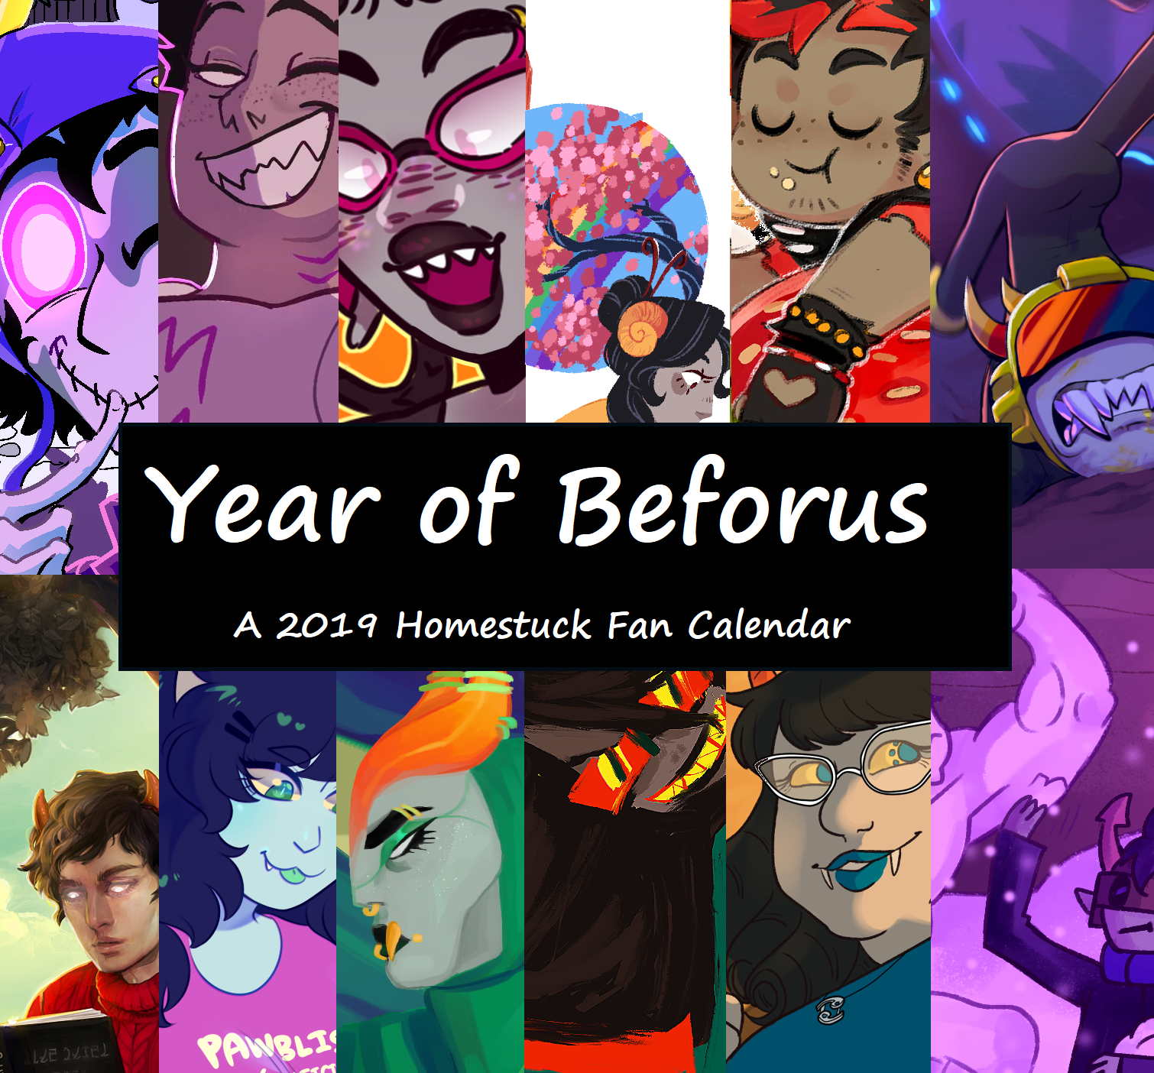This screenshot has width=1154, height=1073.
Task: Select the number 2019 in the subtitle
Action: pos(326,625)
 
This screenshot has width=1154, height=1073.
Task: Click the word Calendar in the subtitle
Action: pos(768,625)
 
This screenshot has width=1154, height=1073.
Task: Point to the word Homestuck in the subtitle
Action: pos(493,625)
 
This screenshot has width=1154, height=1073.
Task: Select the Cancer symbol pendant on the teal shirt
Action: pos(831,1008)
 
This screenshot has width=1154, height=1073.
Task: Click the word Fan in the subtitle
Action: pos(640,625)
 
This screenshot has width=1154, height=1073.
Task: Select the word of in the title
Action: pos(468,504)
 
